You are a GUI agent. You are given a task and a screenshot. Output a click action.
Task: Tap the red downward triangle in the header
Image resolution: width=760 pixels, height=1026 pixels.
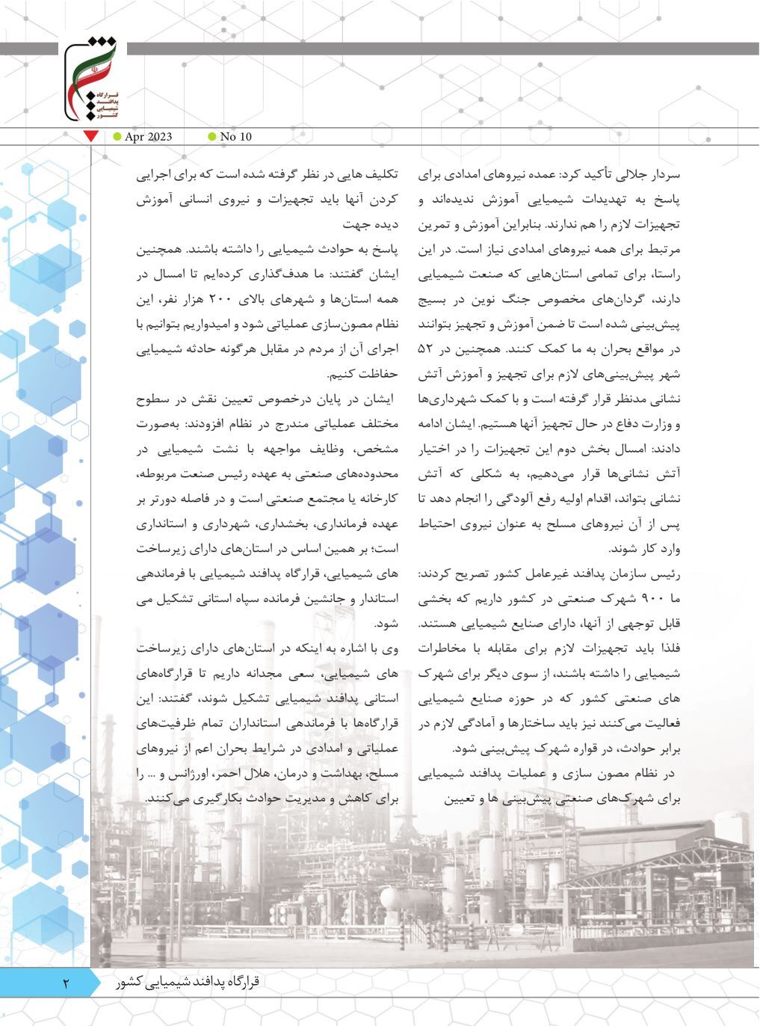[x=91, y=136]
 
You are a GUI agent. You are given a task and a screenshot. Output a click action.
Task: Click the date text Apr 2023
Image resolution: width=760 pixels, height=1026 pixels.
[x=149, y=136]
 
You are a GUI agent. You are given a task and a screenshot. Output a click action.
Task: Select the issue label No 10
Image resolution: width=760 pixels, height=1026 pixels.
[x=236, y=136]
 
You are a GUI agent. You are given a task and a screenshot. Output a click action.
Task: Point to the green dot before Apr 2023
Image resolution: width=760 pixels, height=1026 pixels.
[x=117, y=136]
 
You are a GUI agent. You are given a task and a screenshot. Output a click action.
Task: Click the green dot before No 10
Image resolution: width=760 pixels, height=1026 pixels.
[x=211, y=136]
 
